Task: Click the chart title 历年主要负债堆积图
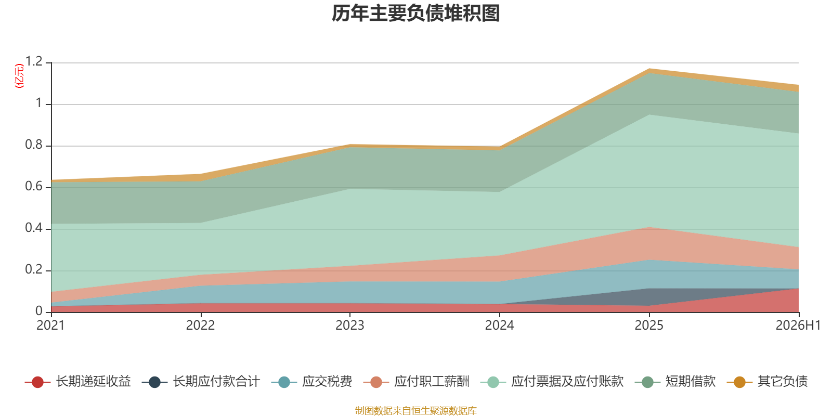pyautogui.click(x=415, y=13)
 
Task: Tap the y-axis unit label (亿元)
pyautogui.click(x=19, y=76)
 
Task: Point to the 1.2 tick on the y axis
pyautogui.click(x=34, y=61)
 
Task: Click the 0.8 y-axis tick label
pyautogui.click(x=34, y=145)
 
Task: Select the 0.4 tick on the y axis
pyautogui.click(x=34, y=228)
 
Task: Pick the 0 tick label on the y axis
pyautogui.click(x=39, y=311)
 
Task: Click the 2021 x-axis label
pyautogui.click(x=50, y=326)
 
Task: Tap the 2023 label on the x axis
pyautogui.click(x=350, y=326)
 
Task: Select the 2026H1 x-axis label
pyautogui.click(x=798, y=326)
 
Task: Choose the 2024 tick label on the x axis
pyautogui.click(x=500, y=326)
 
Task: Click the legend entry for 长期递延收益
pyautogui.click(x=77, y=382)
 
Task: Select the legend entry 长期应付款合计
pyautogui.click(x=201, y=382)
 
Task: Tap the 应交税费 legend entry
pyautogui.click(x=311, y=382)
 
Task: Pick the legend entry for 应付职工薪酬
pyautogui.click(x=417, y=382)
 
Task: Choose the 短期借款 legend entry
pyautogui.click(x=675, y=382)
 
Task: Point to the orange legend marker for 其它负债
pyautogui.click(x=739, y=382)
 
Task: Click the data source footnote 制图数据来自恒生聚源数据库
pyautogui.click(x=415, y=410)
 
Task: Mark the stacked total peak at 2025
pyautogui.click(x=649, y=69)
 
